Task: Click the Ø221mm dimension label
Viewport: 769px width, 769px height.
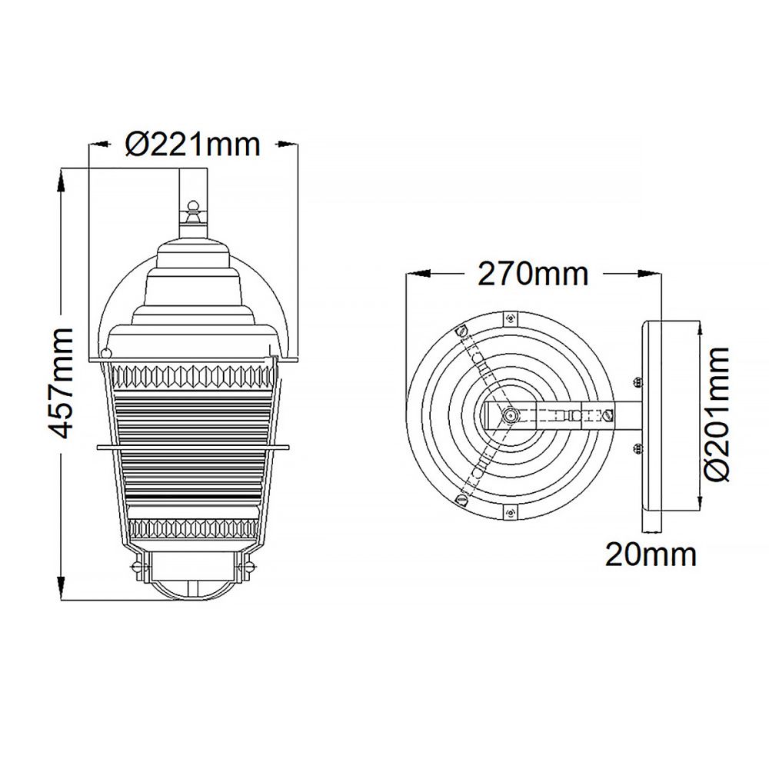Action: click(192, 145)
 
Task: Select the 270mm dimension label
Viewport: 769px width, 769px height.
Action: click(533, 274)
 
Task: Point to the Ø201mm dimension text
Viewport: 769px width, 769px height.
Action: click(716, 414)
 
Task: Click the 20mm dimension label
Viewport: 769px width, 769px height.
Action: click(651, 554)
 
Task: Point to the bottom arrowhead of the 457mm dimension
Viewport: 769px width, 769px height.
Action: click(62, 588)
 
